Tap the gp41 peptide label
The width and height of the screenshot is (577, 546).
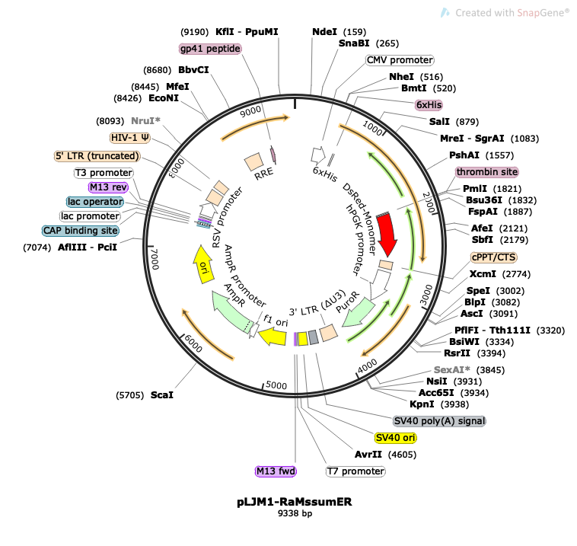click(x=210, y=49)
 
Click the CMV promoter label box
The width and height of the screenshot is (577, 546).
click(x=399, y=60)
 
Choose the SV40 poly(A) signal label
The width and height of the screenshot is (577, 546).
click(x=438, y=420)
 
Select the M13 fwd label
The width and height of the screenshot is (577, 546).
click(x=275, y=471)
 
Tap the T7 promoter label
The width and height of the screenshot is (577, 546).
click(x=355, y=471)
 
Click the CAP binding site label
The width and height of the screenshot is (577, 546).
click(x=81, y=230)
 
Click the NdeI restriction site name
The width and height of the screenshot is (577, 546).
click(x=324, y=32)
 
